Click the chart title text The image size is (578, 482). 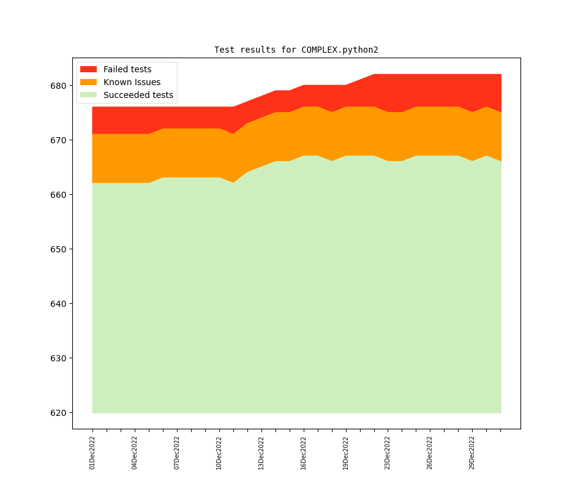[296, 50]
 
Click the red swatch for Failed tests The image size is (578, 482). [88, 69]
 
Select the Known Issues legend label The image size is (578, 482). [132, 82]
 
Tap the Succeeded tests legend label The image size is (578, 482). [138, 95]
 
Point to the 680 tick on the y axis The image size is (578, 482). [58, 86]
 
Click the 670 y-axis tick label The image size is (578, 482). [58, 140]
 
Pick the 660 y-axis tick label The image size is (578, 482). [58, 195]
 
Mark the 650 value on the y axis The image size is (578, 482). [58, 249]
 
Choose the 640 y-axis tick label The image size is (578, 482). [58, 304]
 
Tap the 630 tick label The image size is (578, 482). [58, 358]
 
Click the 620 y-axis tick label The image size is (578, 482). [58, 413]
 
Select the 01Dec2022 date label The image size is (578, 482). [92, 453]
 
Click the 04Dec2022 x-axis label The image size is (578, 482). [135, 453]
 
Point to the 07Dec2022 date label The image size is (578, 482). [177, 453]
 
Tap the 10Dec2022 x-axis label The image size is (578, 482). [219, 453]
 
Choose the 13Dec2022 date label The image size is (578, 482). [261, 453]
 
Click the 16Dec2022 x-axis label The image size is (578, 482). [304, 453]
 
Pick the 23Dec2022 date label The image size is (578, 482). [388, 453]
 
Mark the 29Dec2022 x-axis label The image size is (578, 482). [472, 453]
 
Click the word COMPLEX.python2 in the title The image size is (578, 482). [340, 50]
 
